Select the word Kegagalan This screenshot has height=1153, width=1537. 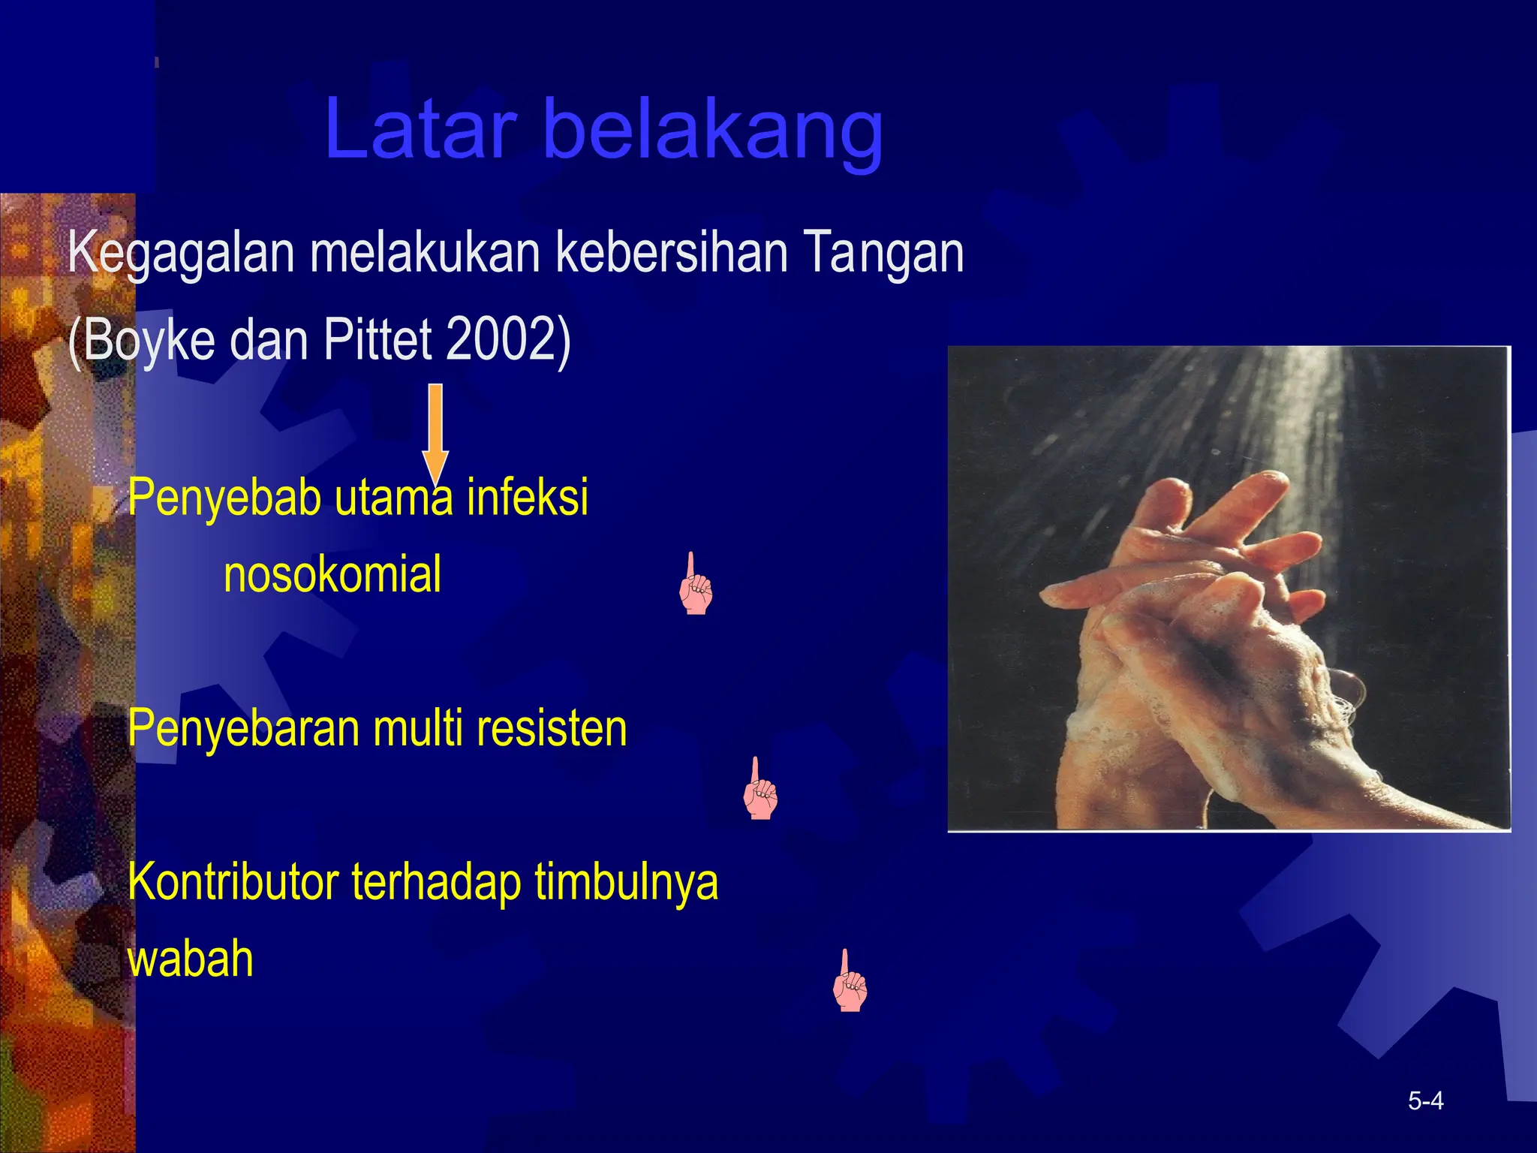(180, 254)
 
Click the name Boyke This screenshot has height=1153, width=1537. (149, 339)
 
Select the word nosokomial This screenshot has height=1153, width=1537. (332, 575)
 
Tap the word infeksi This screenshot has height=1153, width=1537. (527, 497)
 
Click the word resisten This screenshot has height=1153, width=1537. (551, 728)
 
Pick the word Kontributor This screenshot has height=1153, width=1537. (233, 882)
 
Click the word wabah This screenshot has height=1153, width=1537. (191, 959)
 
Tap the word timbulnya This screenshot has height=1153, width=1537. (626, 882)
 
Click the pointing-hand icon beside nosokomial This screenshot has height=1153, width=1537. (695, 586)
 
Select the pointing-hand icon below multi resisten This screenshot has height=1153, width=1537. (759, 790)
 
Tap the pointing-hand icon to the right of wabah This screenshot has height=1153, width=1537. (850, 982)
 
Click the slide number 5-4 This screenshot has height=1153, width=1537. (1425, 1101)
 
